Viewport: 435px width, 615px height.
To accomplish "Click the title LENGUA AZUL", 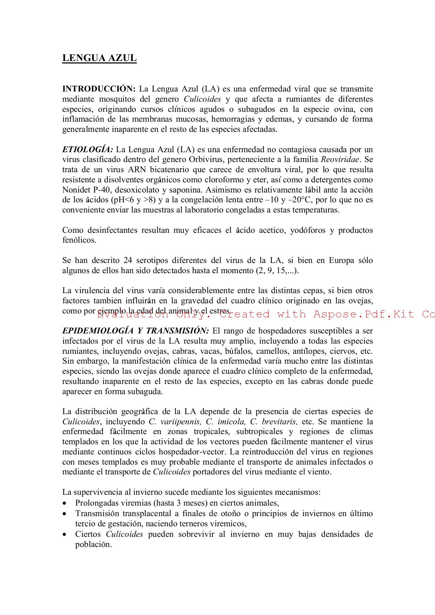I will (99, 58).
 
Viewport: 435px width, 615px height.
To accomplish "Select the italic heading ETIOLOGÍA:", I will (88, 149).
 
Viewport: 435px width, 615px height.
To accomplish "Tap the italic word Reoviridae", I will (340, 160).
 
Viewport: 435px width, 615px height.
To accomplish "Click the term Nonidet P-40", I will (83, 190).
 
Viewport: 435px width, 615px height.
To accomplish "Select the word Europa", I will (341, 261).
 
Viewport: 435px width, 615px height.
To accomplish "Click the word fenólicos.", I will (79, 240).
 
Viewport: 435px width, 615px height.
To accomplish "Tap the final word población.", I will (93, 545).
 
